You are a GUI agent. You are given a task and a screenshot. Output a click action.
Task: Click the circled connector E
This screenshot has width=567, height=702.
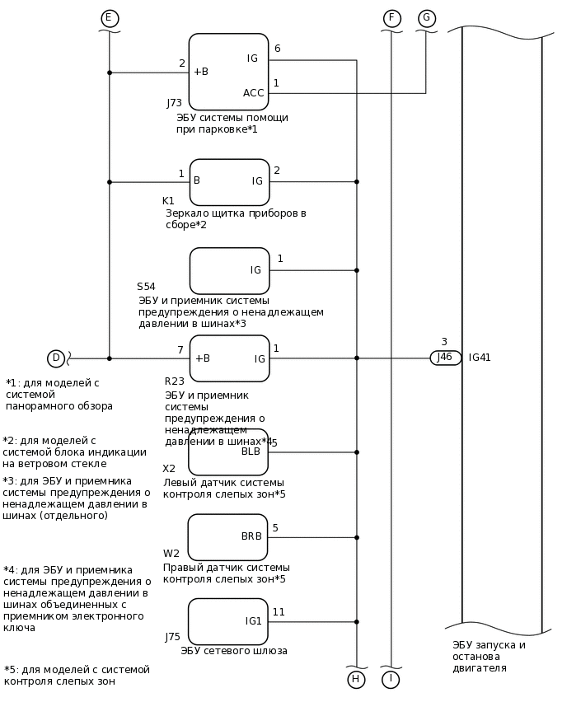(x=110, y=18)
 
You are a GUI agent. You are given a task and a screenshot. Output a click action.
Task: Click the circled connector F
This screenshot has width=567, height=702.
(x=392, y=18)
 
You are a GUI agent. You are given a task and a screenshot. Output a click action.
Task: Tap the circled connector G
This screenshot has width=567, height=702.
(x=427, y=18)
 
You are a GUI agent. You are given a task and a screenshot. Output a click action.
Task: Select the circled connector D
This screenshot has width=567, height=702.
(x=56, y=358)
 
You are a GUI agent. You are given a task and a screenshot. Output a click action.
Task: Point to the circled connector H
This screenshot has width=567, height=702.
(x=356, y=680)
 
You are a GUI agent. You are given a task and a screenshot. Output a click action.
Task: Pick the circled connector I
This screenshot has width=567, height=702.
(x=391, y=680)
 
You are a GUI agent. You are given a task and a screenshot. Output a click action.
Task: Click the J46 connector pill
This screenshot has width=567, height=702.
(x=445, y=358)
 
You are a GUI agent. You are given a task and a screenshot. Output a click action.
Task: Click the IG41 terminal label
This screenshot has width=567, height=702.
(x=480, y=358)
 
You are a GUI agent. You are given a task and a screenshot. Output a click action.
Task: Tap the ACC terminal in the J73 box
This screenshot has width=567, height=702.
(x=254, y=93)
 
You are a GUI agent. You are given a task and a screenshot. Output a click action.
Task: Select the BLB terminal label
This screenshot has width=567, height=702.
(x=251, y=452)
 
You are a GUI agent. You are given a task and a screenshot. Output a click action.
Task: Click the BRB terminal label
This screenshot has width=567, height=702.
(x=251, y=536)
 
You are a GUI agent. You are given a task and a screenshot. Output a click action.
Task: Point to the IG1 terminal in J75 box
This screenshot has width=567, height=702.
(x=253, y=621)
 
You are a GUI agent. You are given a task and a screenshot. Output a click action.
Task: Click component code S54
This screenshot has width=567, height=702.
(x=146, y=287)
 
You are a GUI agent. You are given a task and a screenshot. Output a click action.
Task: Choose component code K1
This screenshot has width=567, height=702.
(x=168, y=201)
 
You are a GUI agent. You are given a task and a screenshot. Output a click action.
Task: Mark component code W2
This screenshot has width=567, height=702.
(x=171, y=554)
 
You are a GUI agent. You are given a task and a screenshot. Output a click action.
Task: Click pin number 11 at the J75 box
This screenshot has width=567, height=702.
(x=279, y=612)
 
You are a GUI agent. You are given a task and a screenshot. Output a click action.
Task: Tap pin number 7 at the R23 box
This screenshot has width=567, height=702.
(x=180, y=350)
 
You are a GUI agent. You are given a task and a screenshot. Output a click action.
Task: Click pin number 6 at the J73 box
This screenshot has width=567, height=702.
(x=277, y=49)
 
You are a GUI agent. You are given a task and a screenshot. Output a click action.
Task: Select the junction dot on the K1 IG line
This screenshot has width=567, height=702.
(x=357, y=181)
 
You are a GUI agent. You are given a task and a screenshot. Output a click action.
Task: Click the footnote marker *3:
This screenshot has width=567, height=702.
(x=11, y=481)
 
